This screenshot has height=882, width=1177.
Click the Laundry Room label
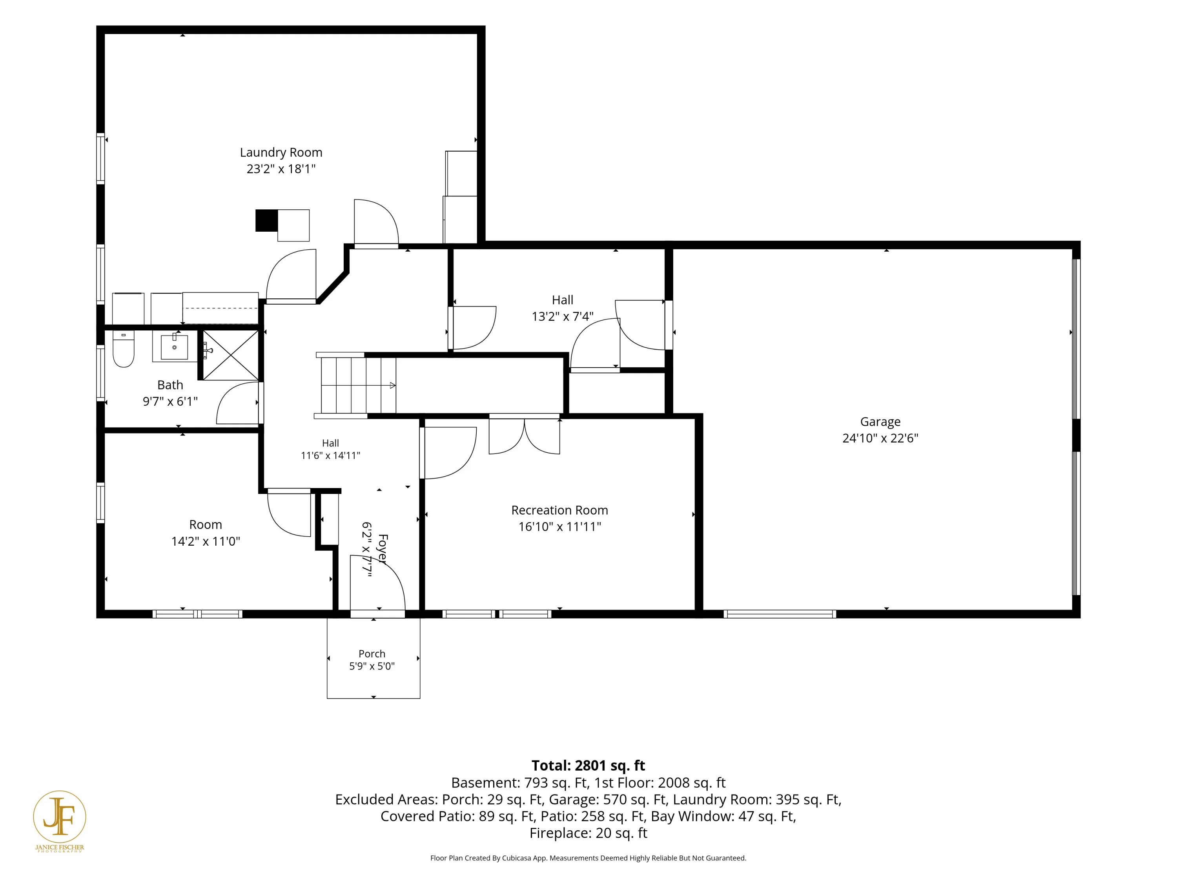tap(281, 152)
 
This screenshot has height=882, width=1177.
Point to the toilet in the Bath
tap(124, 349)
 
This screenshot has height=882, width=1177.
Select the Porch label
tap(372, 654)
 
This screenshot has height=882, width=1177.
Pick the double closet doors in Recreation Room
tap(524, 436)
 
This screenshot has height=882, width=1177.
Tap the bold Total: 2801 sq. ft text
tap(588, 766)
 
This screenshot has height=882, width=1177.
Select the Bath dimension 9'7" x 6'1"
tap(170, 401)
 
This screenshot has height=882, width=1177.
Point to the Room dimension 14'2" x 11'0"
tap(206, 541)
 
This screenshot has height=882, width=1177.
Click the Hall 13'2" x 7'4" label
tap(563, 309)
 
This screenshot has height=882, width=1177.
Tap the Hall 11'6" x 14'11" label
tap(330, 449)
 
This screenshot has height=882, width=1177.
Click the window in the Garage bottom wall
tap(780, 614)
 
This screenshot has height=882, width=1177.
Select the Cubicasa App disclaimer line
tap(588, 858)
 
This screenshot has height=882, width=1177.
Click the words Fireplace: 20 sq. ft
tap(588, 833)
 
